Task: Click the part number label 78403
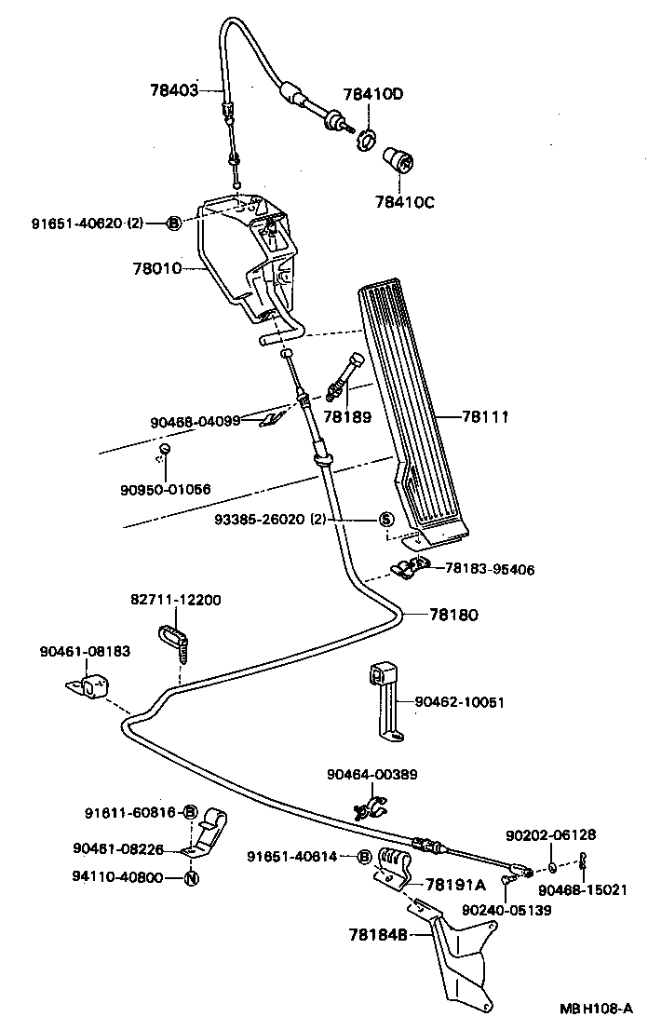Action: (x=174, y=90)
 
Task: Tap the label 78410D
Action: (x=373, y=94)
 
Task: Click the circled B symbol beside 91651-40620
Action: (x=173, y=224)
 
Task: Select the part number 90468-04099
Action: (x=195, y=421)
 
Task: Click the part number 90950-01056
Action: (x=165, y=489)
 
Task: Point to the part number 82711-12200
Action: (x=175, y=600)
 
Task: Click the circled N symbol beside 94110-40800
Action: (x=190, y=877)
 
